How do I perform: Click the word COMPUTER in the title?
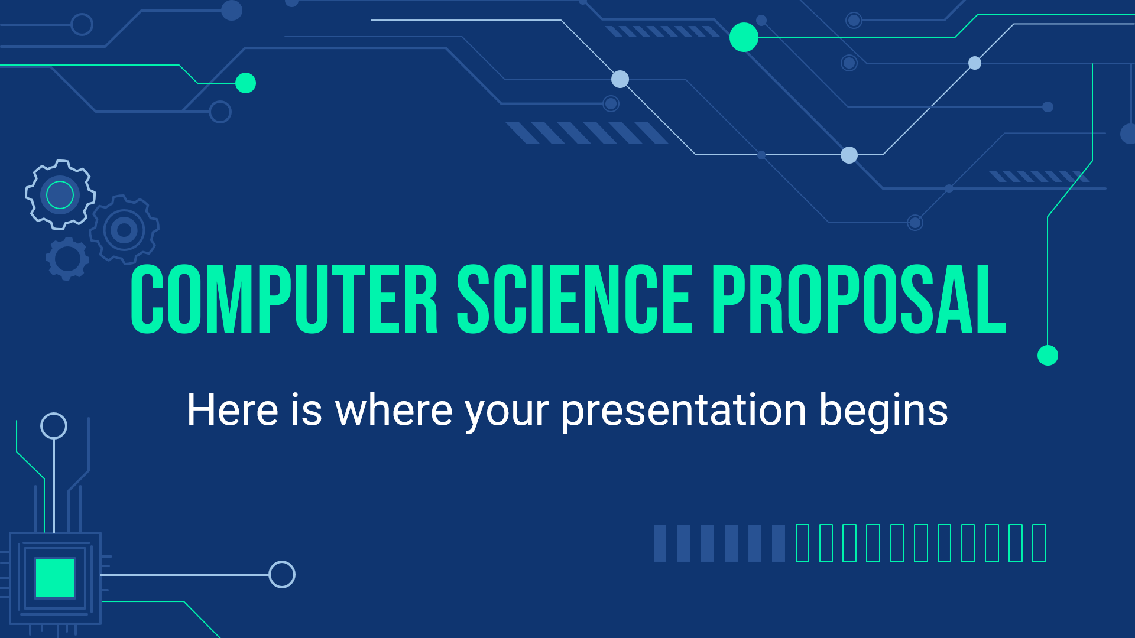click(x=284, y=299)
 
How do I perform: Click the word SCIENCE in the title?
click(x=575, y=299)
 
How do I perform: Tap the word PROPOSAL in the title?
click(x=859, y=299)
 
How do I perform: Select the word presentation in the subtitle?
click(x=684, y=410)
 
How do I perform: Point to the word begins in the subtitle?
click(x=884, y=410)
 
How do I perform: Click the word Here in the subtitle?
click(x=232, y=409)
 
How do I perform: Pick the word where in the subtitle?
click(x=394, y=409)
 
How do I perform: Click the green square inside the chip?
click(x=55, y=578)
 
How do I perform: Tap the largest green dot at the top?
click(x=744, y=37)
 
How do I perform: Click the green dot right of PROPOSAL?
click(x=1048, y=356)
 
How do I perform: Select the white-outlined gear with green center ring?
click(x=60, y=194)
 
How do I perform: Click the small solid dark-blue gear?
click(x=67, y=259)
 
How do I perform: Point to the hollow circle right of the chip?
click(x=282, y=574)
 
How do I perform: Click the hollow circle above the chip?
click(x=54, y=426)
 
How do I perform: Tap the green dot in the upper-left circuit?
click(x=245, y=83)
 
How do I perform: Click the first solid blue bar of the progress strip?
click(x=660, y=543)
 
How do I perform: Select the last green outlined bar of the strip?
click(x=1039, y=543)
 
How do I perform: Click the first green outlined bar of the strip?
click(x=802, y=543)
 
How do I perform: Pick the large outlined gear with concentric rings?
click(x=124, y=230)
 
